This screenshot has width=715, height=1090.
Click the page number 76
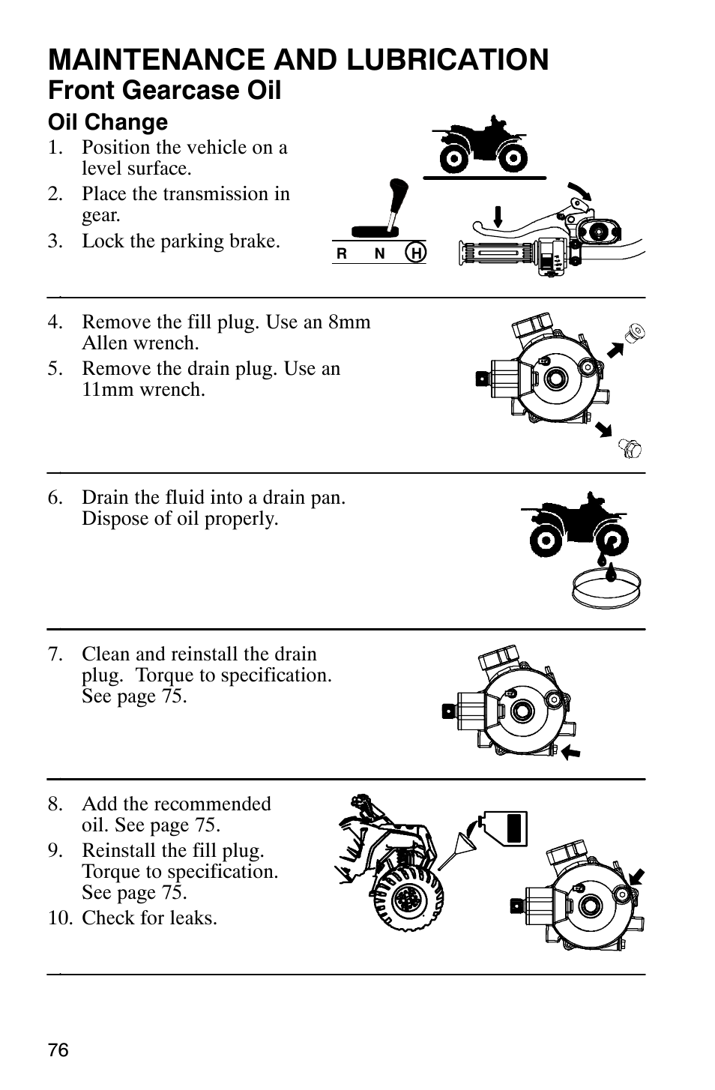[58, 1050]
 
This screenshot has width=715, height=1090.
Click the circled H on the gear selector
[416, 253]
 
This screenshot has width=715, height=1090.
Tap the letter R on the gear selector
[342, 254]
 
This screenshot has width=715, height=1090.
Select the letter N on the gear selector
[379, 254]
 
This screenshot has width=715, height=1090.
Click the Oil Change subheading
[108, 122]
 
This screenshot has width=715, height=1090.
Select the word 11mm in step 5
[106, 390]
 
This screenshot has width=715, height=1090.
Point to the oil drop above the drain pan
[612, 571]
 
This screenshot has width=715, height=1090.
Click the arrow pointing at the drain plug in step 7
[571, 752]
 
